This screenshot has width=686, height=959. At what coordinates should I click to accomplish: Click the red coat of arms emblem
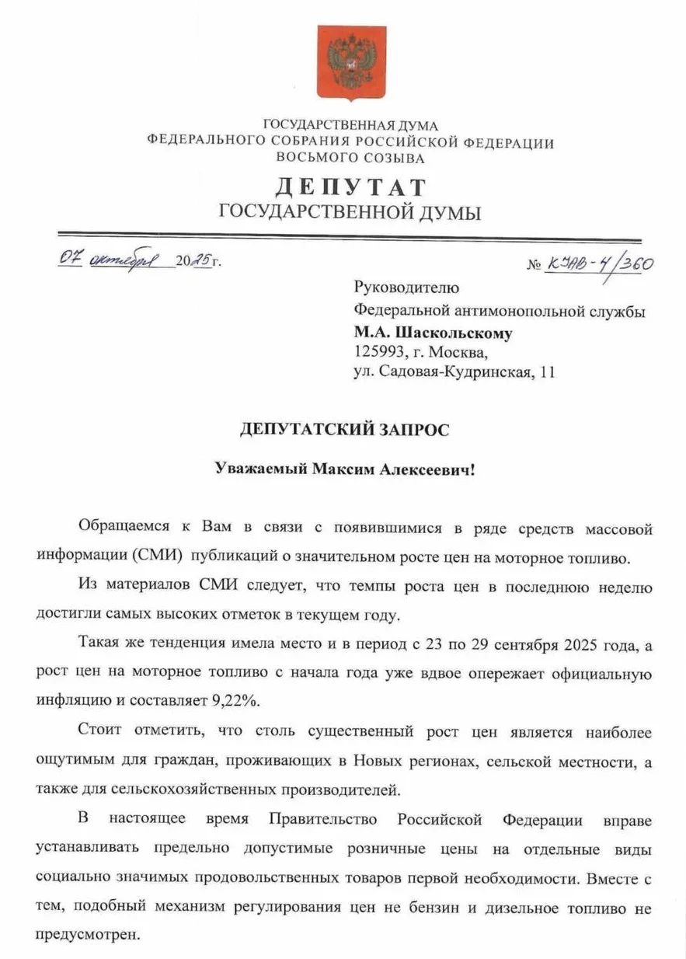click(351, 62)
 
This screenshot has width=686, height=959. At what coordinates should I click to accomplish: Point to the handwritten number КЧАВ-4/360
click(601, 263)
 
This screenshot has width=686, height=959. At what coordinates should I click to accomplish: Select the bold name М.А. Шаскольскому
click(433, 333)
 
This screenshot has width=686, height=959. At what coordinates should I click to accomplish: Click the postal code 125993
click(381, 353)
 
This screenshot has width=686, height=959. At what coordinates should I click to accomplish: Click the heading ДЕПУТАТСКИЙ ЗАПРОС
click(344, 431)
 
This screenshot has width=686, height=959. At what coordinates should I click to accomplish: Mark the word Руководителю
click(406, 289)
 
